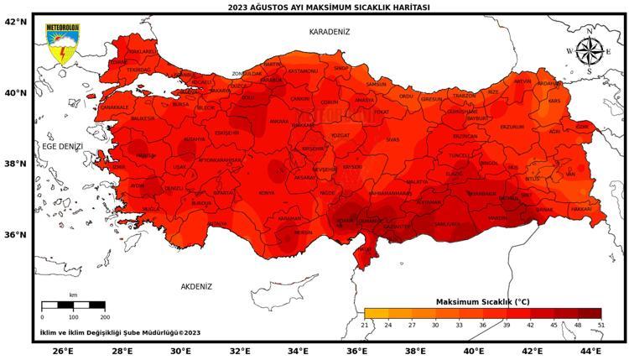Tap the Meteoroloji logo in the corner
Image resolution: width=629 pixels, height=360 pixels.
(x=62, y=44)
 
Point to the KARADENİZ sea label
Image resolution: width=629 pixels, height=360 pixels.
(x=330, y=31)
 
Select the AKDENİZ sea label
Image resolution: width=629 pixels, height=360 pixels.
(x=196, y=286)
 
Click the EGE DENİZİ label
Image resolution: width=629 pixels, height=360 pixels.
(x=63, y=146)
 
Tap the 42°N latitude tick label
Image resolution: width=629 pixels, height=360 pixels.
(x=17, y=22)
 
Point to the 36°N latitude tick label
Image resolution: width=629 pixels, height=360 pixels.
(x=17, y=234)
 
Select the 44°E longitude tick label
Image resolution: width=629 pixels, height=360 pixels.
(x=590, y=351)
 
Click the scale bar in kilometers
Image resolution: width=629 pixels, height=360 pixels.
(x=74, y=305)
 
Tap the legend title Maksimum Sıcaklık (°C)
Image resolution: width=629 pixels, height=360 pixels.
(x=483, y=300)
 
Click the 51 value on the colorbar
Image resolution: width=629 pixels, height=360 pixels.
(x=601, y=325)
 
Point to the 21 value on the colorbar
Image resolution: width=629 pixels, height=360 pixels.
(x=365, y=325)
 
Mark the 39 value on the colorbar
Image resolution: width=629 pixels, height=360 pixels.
(x=507, y=325)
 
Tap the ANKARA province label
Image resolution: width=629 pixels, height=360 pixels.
(x=278, y=121)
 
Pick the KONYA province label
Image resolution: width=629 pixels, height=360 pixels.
(x=267, y=193)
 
